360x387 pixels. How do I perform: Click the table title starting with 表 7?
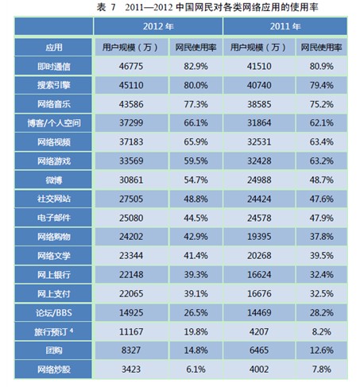[180, 8]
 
